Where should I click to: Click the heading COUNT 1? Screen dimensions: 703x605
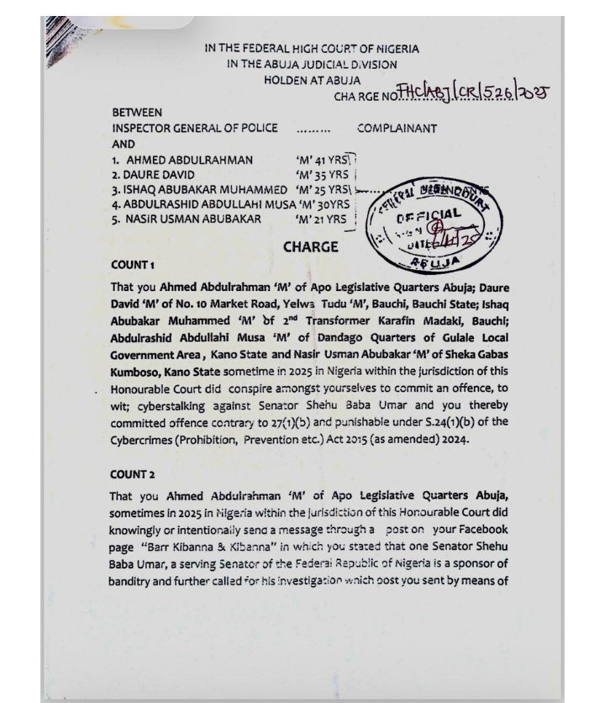132,265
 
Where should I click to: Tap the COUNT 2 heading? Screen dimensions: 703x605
132,475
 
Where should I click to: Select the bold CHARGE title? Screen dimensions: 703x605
310,247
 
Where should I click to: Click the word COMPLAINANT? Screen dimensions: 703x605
397,129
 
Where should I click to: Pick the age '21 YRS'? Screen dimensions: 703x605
320,219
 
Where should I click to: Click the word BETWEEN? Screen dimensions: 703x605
137,112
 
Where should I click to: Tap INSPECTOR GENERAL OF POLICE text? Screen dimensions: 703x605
194,129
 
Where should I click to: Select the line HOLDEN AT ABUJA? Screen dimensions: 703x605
312,80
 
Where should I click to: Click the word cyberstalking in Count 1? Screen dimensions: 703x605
171,406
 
